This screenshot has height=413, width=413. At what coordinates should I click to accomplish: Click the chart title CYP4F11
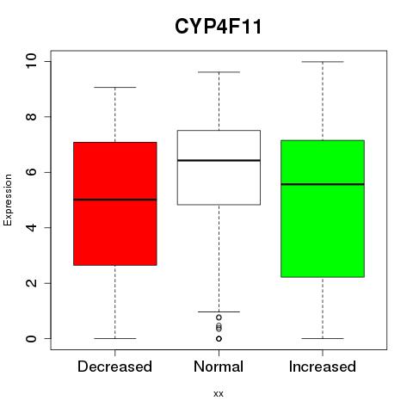click(x=219, y=27)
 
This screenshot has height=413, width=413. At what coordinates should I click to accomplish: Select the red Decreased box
click(x=115, y=204)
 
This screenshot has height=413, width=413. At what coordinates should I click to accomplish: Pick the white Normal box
click(x=219, y=168)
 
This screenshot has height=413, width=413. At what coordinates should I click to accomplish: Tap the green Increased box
click(x=323, y=209)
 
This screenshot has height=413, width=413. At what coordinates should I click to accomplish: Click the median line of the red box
click(x=115, y=200)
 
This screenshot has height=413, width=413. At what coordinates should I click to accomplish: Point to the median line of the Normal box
click(x=219, y=160)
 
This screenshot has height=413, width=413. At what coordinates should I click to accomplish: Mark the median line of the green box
click(x=323, y=184)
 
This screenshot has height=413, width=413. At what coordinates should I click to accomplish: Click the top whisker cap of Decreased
click(x=115, y=87)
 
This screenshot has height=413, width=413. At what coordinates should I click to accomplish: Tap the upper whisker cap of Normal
click(x=219, y=72)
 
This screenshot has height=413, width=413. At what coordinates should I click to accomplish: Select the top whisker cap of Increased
click(x=323, y=62)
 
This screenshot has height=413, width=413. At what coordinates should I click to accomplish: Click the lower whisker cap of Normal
click(x=219, y=311)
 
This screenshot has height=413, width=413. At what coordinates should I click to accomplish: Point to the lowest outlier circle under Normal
click(x=219, y=339)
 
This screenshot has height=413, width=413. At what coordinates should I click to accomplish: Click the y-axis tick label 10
click(x=31, y=61)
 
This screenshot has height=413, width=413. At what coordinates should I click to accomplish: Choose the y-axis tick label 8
click(x=31, y=117)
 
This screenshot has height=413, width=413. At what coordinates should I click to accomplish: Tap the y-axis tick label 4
click(x=31, y=228)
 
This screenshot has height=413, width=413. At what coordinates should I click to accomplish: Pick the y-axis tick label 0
click(x=31, y=339)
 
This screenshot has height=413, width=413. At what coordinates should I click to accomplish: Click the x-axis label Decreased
click(x=114, y=367)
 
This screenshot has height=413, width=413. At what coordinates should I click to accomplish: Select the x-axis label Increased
click(x=323, y=367)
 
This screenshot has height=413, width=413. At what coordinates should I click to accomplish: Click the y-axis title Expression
click(x=8, y=200)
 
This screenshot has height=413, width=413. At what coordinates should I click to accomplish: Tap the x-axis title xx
click(x=219, y=394)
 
